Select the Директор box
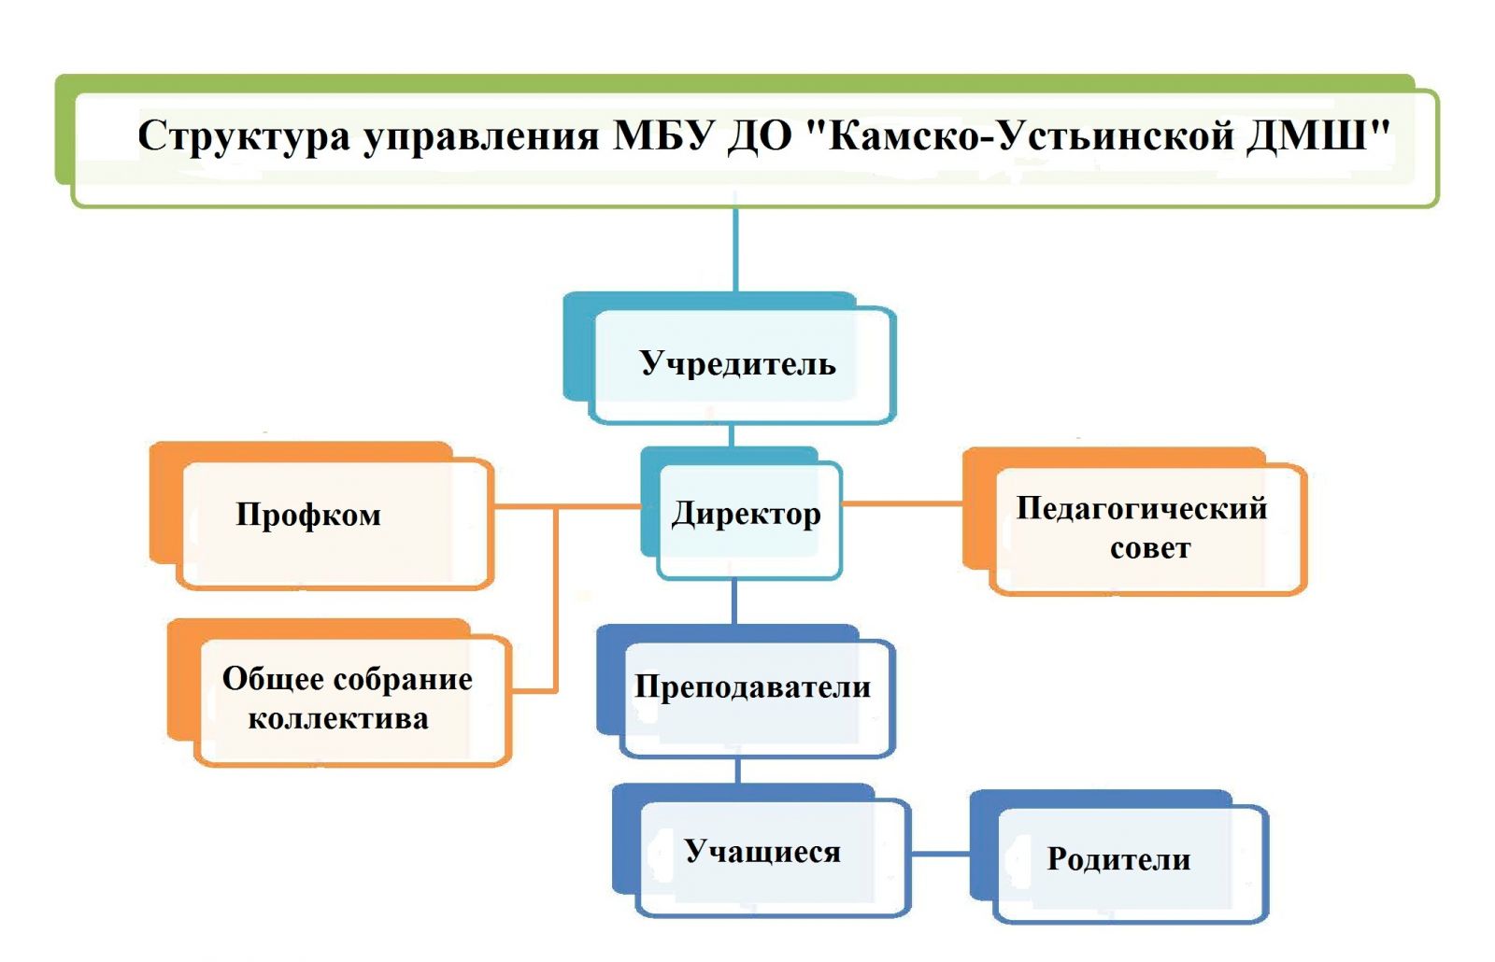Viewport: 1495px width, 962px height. tap(746, 514)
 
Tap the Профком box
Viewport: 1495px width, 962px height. tap(308, 515)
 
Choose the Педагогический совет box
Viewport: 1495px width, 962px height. tap(1142, 528)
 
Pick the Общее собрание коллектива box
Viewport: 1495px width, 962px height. tap(347, 698)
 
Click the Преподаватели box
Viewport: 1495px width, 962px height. tap(752, 687)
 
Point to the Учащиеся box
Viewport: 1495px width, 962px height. tap(762, 852)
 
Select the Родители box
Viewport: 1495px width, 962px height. tap(1118, 859)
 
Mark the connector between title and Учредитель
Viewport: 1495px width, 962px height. tap(735, 248)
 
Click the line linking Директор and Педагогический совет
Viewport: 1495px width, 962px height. tap(902, 503)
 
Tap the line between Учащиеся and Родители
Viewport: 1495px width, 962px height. tap(940, 854)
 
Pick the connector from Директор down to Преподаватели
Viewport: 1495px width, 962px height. tap(734, 602)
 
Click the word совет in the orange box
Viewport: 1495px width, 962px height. tap(1150, 548)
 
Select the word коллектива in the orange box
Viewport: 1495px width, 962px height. tap(338, 719)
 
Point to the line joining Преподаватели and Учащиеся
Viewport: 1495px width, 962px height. tap(738, 771)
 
